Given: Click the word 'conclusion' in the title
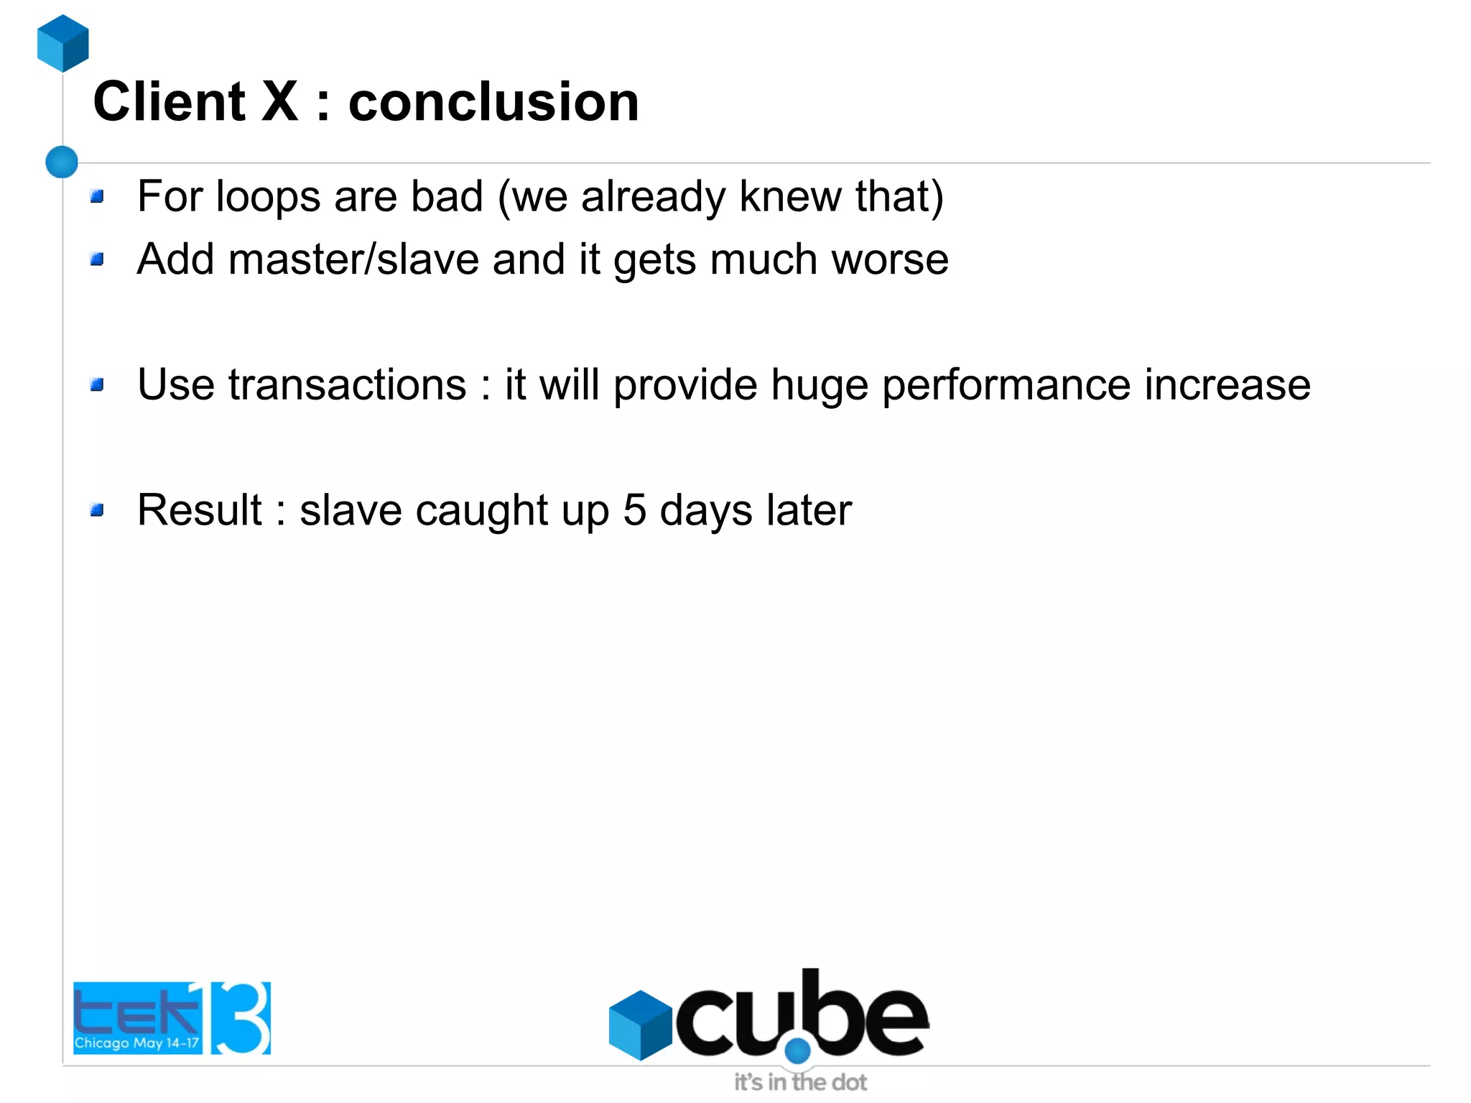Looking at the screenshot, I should pos(493,102).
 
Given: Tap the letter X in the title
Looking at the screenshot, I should pos(279,102).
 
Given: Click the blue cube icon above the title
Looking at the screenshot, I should pos(63,43).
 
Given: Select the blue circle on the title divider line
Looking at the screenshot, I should pos(62,162).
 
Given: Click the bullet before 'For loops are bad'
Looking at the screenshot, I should pos(98,196).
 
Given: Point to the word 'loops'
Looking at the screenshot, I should pos(268,197).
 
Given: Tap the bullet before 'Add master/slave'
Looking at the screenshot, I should pos(98,259).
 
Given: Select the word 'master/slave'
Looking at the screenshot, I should pos(353,259).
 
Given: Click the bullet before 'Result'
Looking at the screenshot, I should pos(98,510).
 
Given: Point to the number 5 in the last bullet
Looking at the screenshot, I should pos(634,510).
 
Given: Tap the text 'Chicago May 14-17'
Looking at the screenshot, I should pos(136,1043).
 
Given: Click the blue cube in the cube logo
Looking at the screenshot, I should pos(640,1025).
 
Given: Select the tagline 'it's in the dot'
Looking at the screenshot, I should pos(800,1082).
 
